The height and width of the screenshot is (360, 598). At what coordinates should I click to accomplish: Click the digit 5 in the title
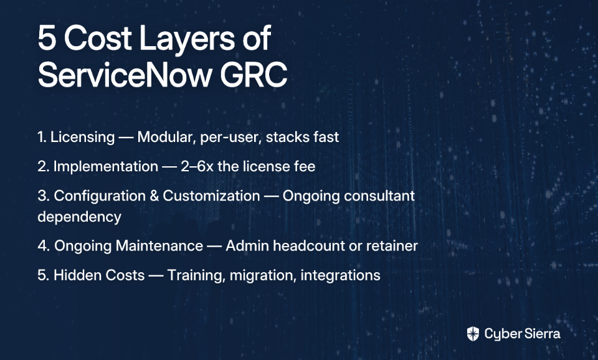[x=47, y=37]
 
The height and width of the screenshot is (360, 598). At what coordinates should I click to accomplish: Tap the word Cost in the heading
[x=98, y=37]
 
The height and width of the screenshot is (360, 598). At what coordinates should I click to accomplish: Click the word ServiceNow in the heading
[x=125, y=75]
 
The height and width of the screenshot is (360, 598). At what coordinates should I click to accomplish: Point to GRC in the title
[x=254, y=75]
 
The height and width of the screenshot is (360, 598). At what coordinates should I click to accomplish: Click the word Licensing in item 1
[x=82, y=137]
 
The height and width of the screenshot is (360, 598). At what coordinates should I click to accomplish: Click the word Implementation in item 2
[x=106, y=167]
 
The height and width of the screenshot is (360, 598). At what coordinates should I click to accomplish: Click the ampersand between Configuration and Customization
[x=154, y=196]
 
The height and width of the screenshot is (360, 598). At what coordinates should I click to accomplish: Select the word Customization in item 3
[x=211, y=196]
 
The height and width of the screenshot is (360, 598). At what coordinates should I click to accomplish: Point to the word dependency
[x=79, y=217]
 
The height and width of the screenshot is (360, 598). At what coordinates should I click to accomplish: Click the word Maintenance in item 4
[x=159, y=246]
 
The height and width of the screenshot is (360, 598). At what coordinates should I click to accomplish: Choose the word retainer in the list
[x=392, y=247]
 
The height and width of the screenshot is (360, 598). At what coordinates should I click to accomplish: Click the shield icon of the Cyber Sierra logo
[x=473, y=334]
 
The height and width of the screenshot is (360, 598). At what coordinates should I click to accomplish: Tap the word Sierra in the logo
[x=542, y=334]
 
